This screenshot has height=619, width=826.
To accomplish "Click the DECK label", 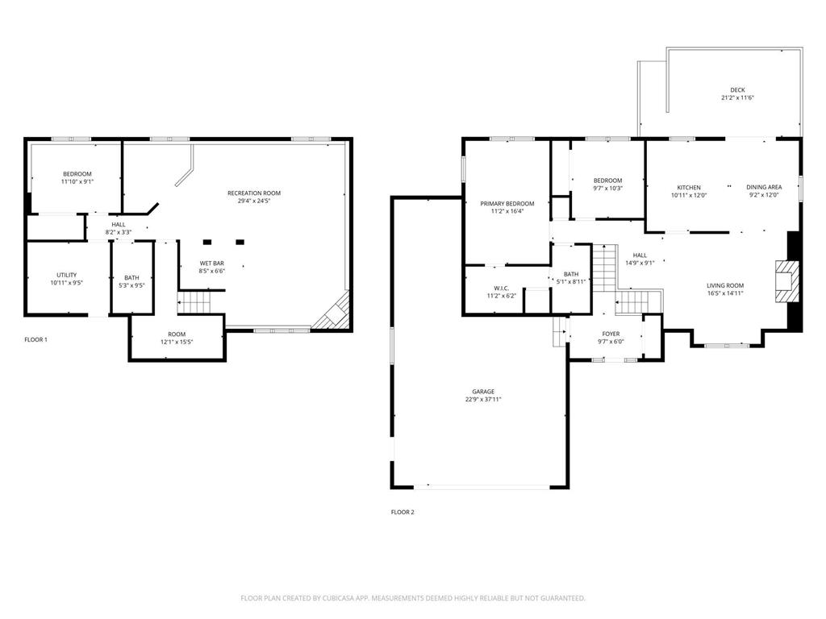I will click(x=737, y=89).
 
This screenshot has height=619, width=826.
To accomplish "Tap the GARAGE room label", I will click(x=483, y=392).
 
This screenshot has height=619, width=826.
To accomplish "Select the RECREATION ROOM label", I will click(x=254, y=193).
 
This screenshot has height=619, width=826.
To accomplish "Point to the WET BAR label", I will click(x=211, y=264).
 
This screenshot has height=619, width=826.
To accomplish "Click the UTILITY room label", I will click(x=66, y=276).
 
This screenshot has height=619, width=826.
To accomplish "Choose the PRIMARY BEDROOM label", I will click(x=507, y=204).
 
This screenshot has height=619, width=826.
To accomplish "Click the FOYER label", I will click(x=611, y=334).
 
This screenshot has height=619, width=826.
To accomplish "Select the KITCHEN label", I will click(x=688, y=188).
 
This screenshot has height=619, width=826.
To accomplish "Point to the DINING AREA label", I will click(x=764, y=188).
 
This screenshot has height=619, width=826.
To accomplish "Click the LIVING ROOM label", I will click(x=725, y=285).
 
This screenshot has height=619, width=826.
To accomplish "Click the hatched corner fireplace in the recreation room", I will click(x=333, y=314).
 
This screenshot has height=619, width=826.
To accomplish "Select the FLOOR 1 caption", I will click(x=35, y=339).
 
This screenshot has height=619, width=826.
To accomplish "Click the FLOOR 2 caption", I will click(x=403, y=512).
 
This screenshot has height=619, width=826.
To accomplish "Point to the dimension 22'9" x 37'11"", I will click(x=483, y=400).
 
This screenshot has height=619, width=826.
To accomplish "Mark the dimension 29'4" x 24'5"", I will click(x=254, y=201).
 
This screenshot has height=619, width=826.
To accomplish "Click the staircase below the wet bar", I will click(x=194, y=303).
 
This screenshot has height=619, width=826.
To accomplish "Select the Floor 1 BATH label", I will click(x=131, y=278).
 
